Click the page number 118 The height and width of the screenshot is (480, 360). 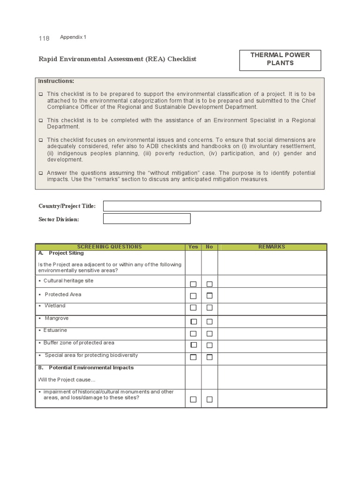point(44,38)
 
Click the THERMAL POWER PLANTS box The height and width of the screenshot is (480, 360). point(280,59)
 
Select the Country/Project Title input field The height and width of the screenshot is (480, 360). point(212,206)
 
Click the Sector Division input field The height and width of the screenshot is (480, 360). point(147,219)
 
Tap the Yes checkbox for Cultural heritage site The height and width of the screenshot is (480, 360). point(193,284)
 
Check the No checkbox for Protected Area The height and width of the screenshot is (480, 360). point(210,296)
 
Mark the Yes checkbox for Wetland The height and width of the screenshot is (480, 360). point(193,308)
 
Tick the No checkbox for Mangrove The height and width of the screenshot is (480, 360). point(210,322)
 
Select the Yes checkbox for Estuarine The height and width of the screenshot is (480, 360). point(193,334)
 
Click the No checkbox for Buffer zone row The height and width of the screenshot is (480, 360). point(210,345)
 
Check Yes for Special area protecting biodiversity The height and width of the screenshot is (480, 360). point(193,357)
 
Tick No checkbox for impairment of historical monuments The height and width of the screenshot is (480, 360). point(210,399)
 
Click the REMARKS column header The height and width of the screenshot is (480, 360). point(272,247)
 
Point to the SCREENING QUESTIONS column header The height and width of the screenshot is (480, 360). point(109,247)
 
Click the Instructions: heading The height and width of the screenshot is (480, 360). point(56,81)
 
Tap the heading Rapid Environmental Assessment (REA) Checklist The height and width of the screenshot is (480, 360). point(117,59)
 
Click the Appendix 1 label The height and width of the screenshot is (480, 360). point(73,37)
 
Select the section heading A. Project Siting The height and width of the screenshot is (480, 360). point(61,253)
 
